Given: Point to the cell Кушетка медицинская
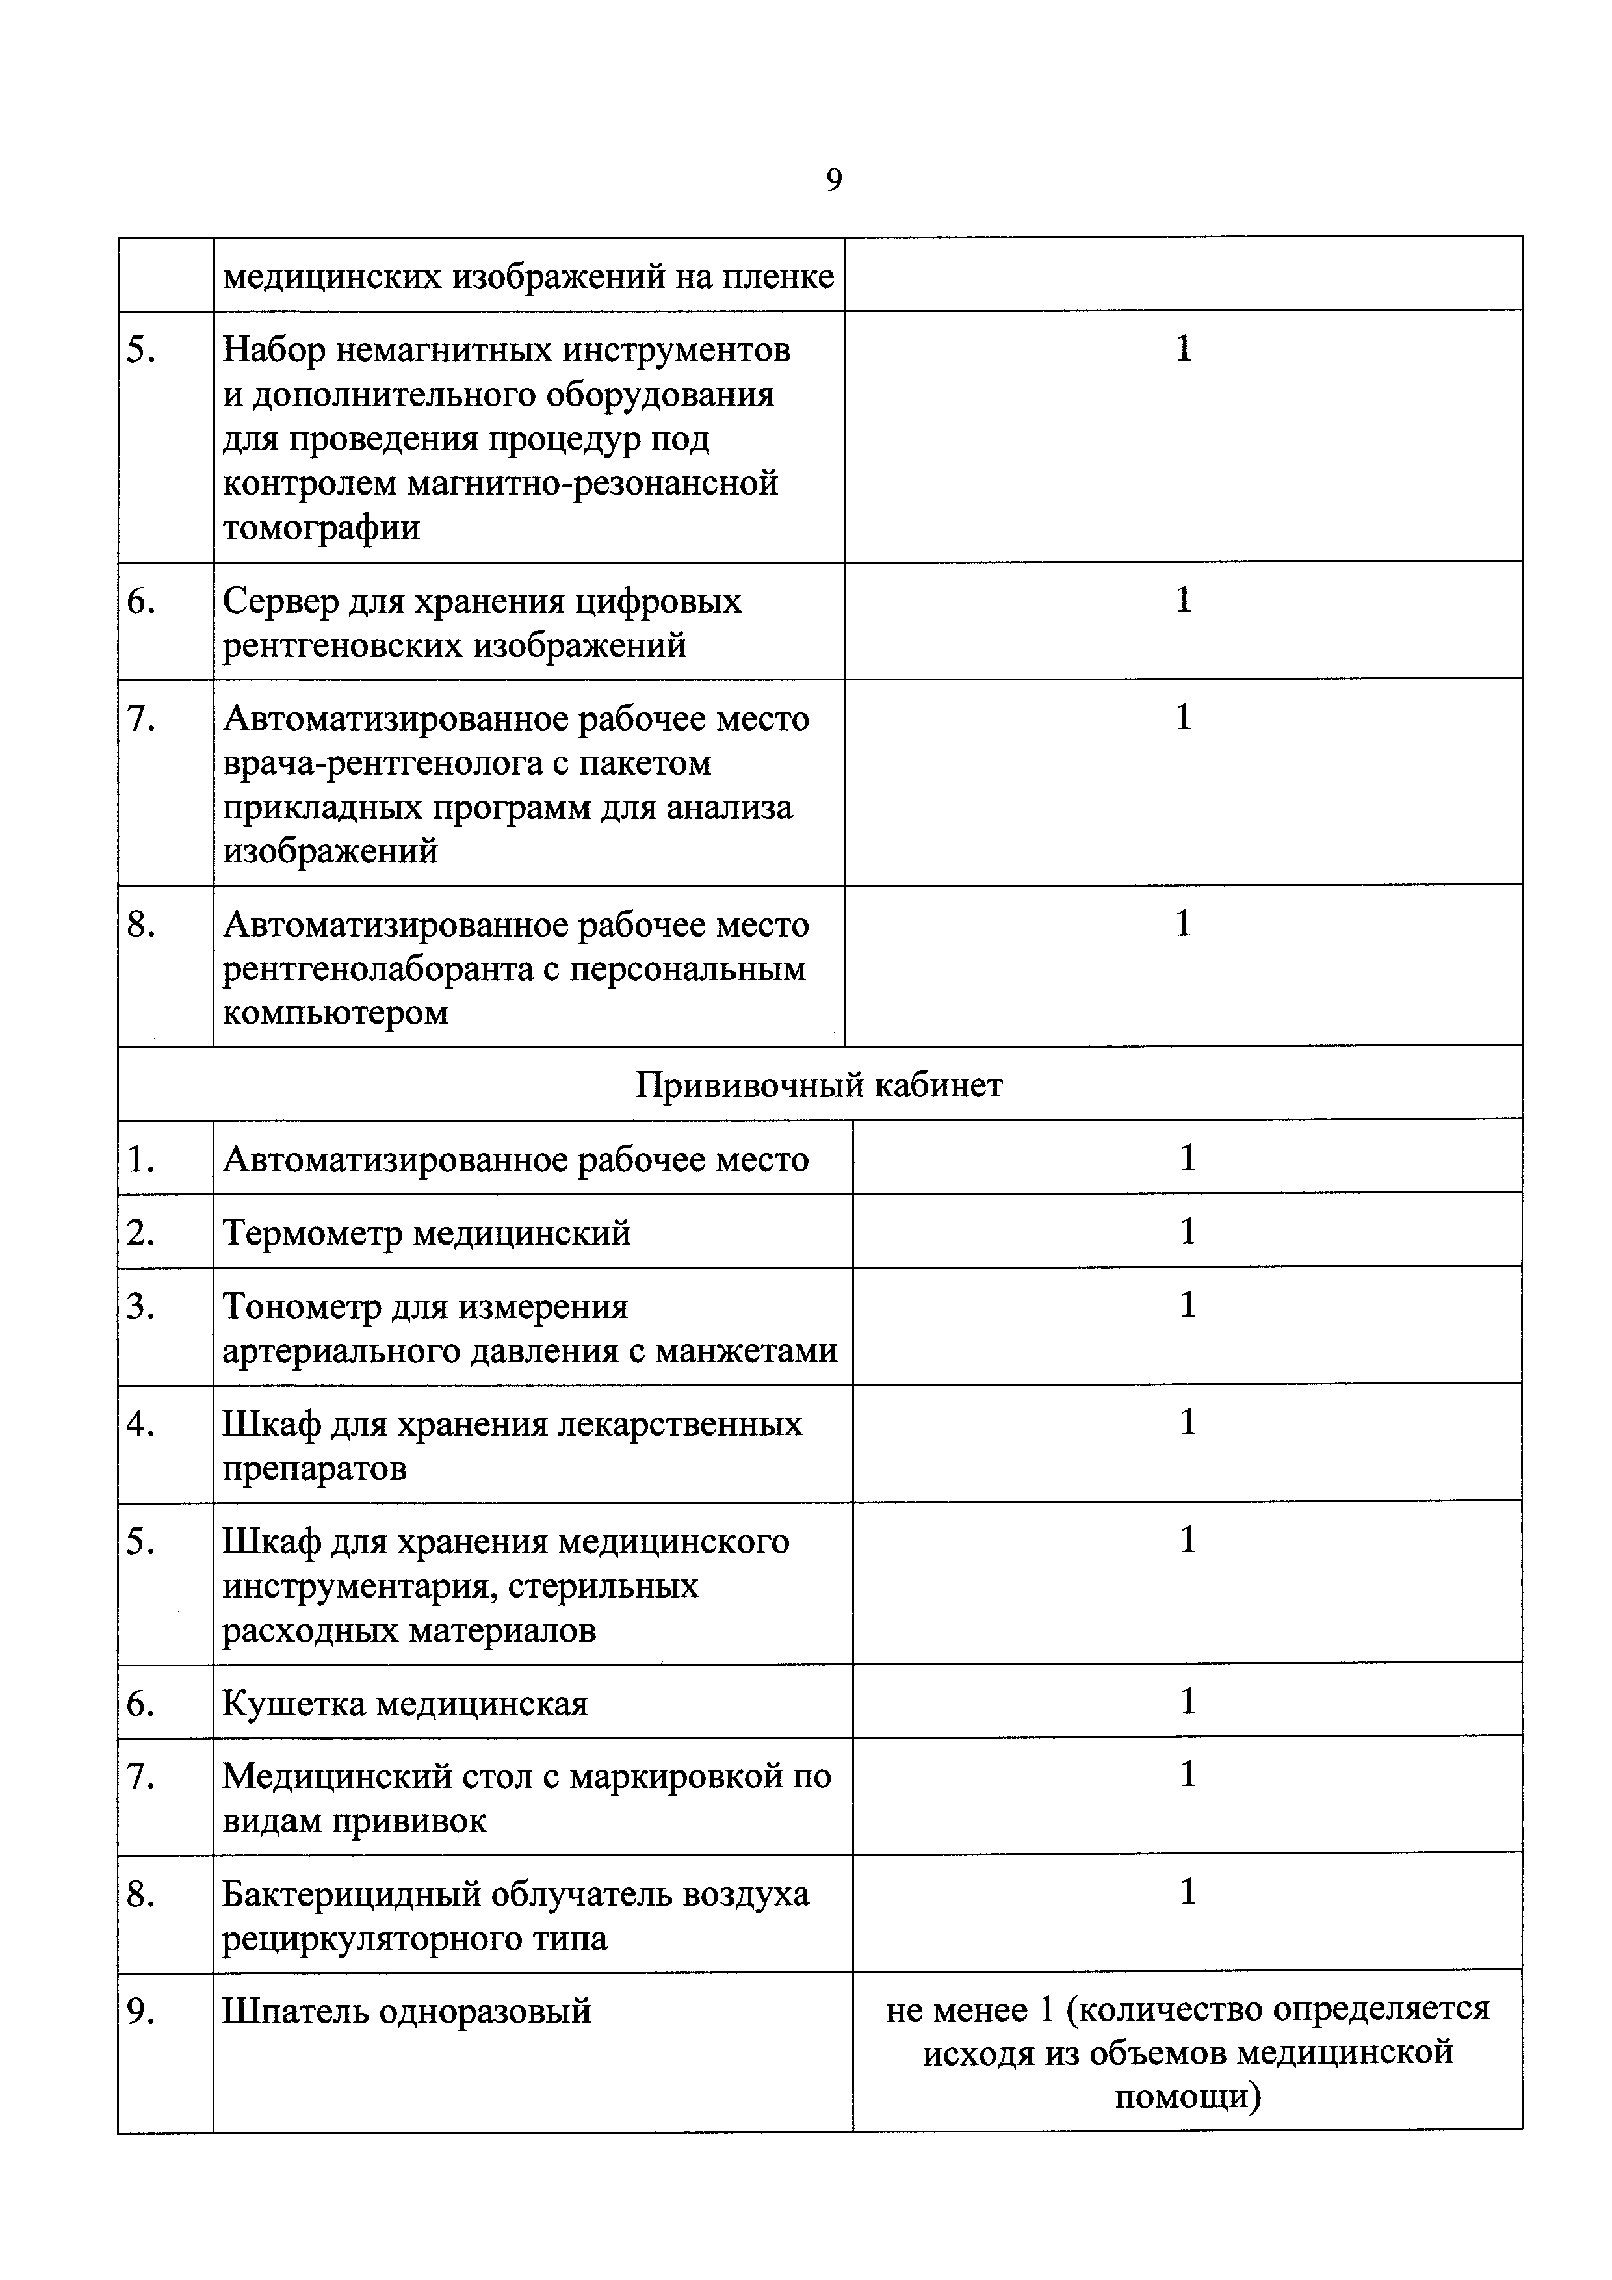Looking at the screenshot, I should [x=405, y=1703].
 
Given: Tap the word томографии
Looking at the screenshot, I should [x=321, y=527].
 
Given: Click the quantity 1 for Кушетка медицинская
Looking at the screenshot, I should [x=1187, y=1701].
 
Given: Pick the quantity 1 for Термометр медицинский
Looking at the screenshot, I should [x=1187, y=1232].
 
